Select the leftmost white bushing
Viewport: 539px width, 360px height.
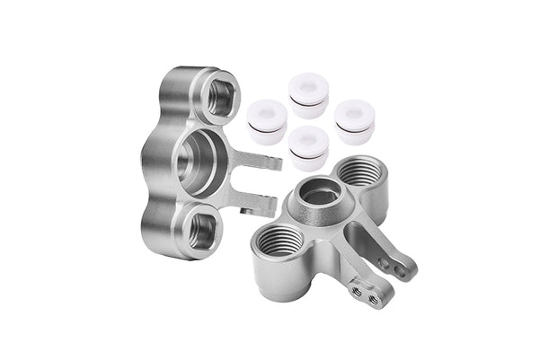[x=267, y=121]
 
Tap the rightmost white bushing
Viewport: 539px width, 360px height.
[x=354, y=121]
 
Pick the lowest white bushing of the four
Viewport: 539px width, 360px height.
[x=308, y=148]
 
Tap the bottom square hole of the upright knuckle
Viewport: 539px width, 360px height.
[x=202, y=230]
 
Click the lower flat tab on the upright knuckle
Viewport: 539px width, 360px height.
[x=257, y=206]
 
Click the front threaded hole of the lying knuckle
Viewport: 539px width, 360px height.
[x=280, y=240]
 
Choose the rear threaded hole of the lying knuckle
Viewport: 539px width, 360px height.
[x=360, y=171]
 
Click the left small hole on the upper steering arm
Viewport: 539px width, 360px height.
[x=385, y=263]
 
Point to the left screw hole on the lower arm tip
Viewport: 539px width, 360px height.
[x=357, y=290]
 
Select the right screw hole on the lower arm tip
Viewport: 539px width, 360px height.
[x=371, y=296]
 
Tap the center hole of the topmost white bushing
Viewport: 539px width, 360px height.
[x=308, y=88]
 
